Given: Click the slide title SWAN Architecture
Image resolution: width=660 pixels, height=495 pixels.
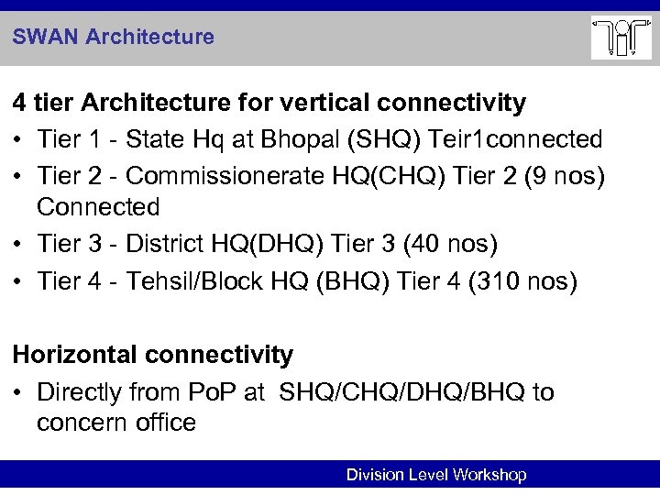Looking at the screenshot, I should [114, 38].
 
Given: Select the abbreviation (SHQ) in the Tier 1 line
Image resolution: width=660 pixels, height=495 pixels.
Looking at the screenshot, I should [368, 139].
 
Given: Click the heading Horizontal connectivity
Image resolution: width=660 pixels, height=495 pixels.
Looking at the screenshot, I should [152, 354].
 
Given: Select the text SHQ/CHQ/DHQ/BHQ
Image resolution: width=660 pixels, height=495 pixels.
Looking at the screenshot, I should [401, 392].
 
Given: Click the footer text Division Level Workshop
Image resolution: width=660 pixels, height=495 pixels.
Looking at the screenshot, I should [435, 475].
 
